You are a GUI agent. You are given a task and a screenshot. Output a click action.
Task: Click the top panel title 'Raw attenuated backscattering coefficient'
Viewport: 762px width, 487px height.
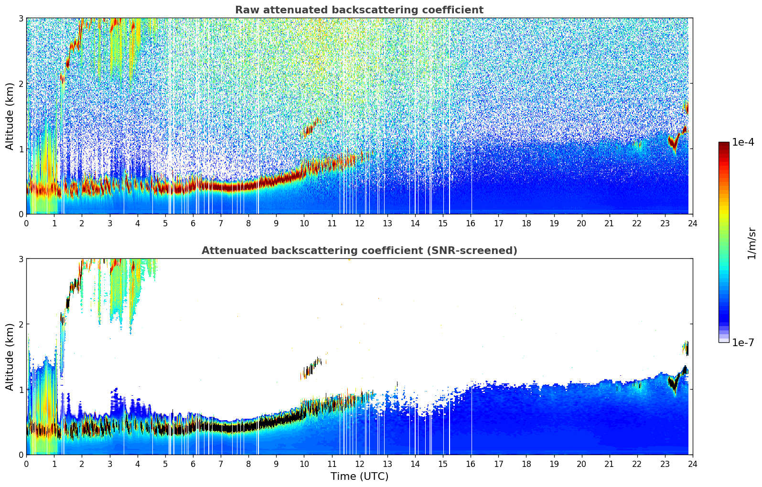pos(359,10)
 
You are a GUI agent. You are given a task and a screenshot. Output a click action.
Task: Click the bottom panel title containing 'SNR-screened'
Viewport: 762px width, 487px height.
pos(359,251)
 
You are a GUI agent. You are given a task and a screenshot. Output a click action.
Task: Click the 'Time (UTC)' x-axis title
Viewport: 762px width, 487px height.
pos(359,476)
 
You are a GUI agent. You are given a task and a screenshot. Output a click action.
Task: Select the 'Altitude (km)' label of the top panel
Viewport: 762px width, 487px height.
pos(10,116)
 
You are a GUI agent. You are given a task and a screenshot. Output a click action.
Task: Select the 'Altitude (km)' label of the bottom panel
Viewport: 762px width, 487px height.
pos(10,357)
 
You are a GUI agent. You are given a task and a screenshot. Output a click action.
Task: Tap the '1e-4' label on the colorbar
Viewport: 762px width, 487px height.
pos(743,142)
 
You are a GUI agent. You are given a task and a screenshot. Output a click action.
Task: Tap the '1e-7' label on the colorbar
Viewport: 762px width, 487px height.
pos(743,343)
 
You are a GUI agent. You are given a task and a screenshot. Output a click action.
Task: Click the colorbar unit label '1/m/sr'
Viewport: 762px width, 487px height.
pos(751,243)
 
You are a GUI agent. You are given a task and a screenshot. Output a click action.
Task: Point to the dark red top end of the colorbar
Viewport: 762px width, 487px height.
pos(723,144)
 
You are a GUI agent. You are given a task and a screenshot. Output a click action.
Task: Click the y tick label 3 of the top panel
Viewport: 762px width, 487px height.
pos(21,18)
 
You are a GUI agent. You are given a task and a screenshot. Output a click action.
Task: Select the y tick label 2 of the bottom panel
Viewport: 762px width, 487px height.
pos(21,324)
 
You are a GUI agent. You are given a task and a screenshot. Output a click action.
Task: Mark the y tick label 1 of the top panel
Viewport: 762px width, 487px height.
pos(21,149)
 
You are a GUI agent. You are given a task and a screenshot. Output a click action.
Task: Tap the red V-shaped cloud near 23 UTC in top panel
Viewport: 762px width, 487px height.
pos(674,143)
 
